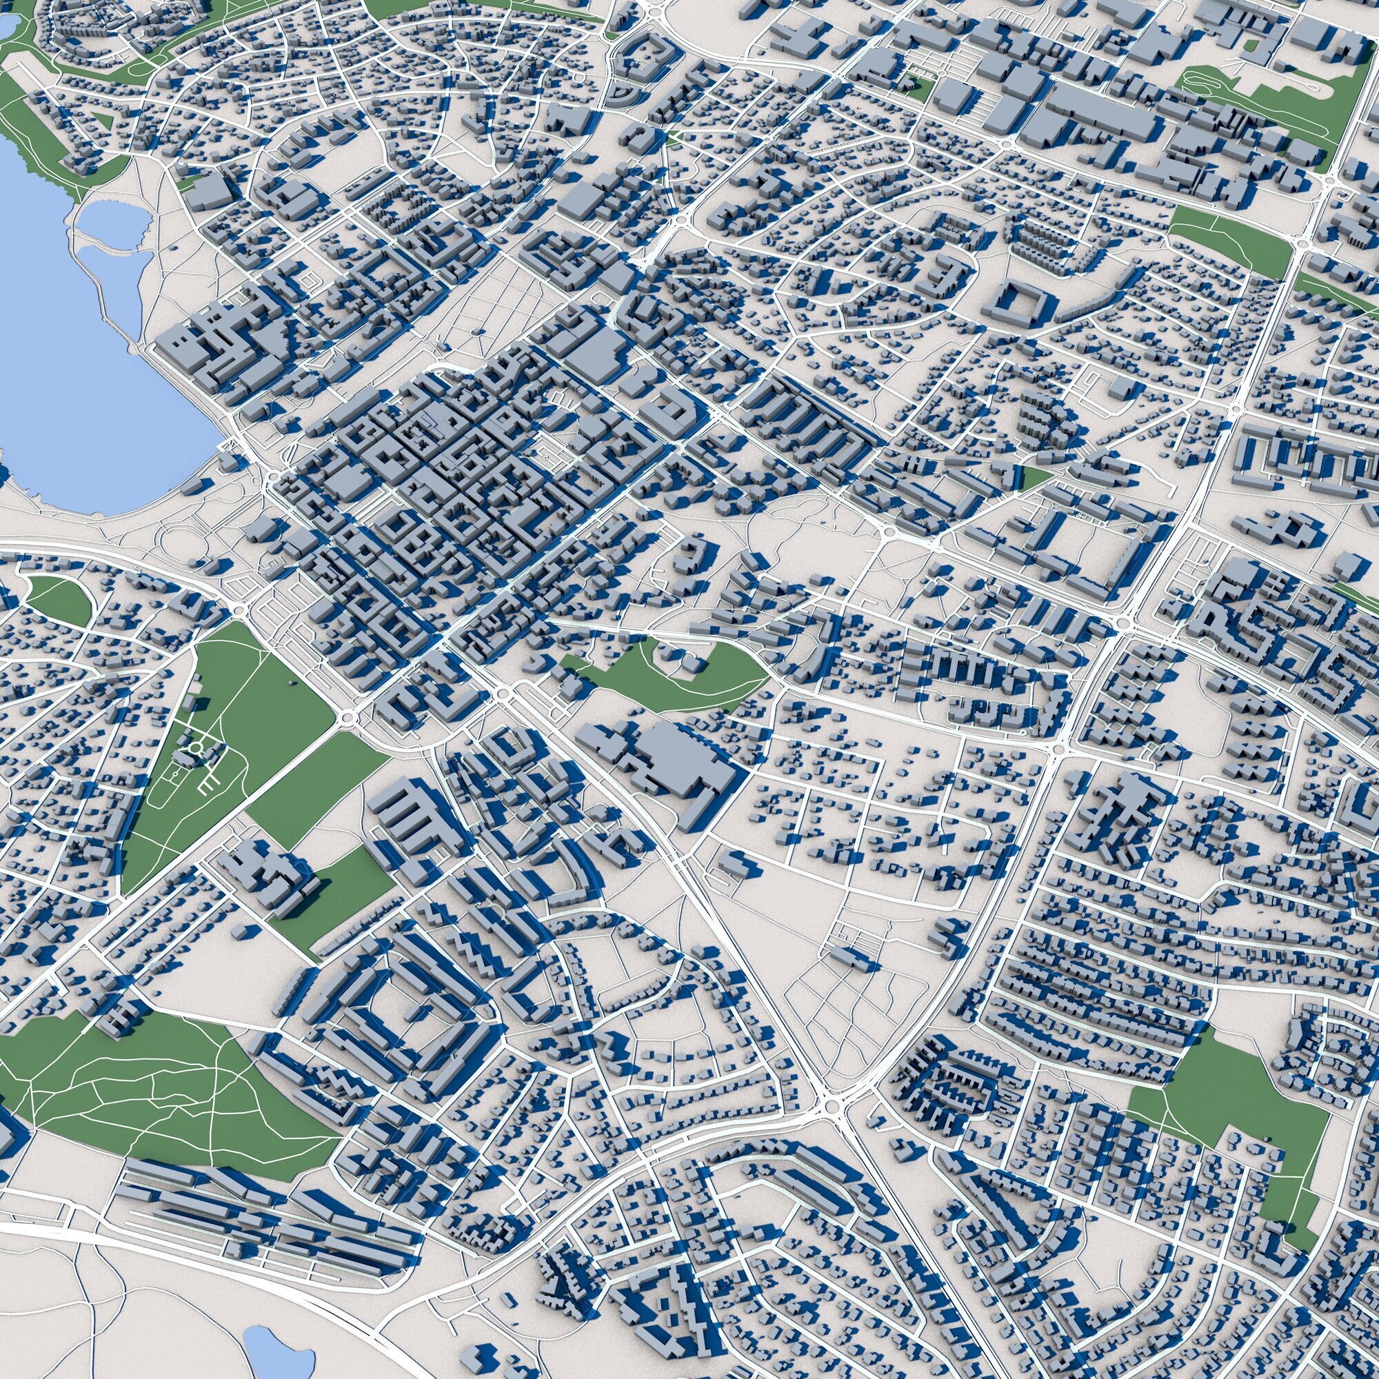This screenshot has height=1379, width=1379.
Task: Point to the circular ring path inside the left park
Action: coord(194,749)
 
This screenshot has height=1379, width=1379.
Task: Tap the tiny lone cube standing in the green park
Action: coord(290,684)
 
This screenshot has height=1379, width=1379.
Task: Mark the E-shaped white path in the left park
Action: coord(207,786)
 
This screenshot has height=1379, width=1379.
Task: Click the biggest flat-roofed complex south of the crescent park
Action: coord(671,756)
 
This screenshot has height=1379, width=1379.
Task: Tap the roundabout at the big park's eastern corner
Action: coord(348,716)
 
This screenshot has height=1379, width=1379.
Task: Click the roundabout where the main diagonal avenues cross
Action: coord(830,1107)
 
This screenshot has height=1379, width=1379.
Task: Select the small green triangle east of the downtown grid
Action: coord(1035,477)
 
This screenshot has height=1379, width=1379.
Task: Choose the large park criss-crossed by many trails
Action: coord(150,1099)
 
